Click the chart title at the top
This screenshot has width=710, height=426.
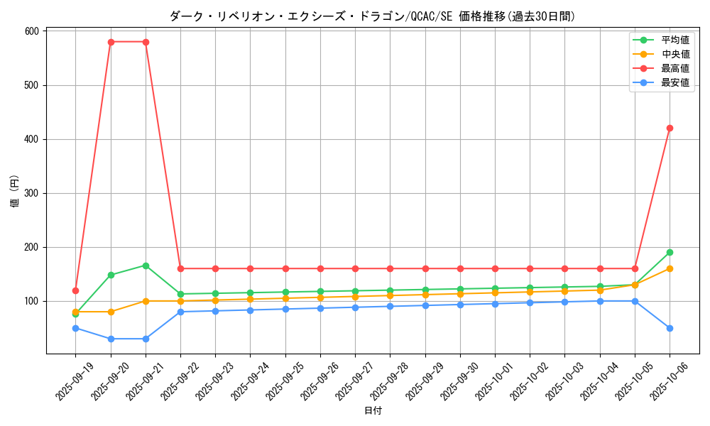372,16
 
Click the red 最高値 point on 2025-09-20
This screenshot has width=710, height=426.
111,42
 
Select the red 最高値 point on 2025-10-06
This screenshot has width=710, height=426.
670,129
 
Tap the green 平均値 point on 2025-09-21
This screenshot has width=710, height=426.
146,266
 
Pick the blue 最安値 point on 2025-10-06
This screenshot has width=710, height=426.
670,328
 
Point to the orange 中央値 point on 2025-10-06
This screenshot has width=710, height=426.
670,268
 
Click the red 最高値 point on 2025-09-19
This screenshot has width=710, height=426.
75,290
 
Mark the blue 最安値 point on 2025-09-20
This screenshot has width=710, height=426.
111,339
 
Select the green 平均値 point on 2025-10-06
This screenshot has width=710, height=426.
670,252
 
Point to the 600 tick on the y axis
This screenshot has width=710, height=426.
31,31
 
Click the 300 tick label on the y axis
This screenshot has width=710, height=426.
31,193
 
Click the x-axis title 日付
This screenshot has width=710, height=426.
373,411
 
